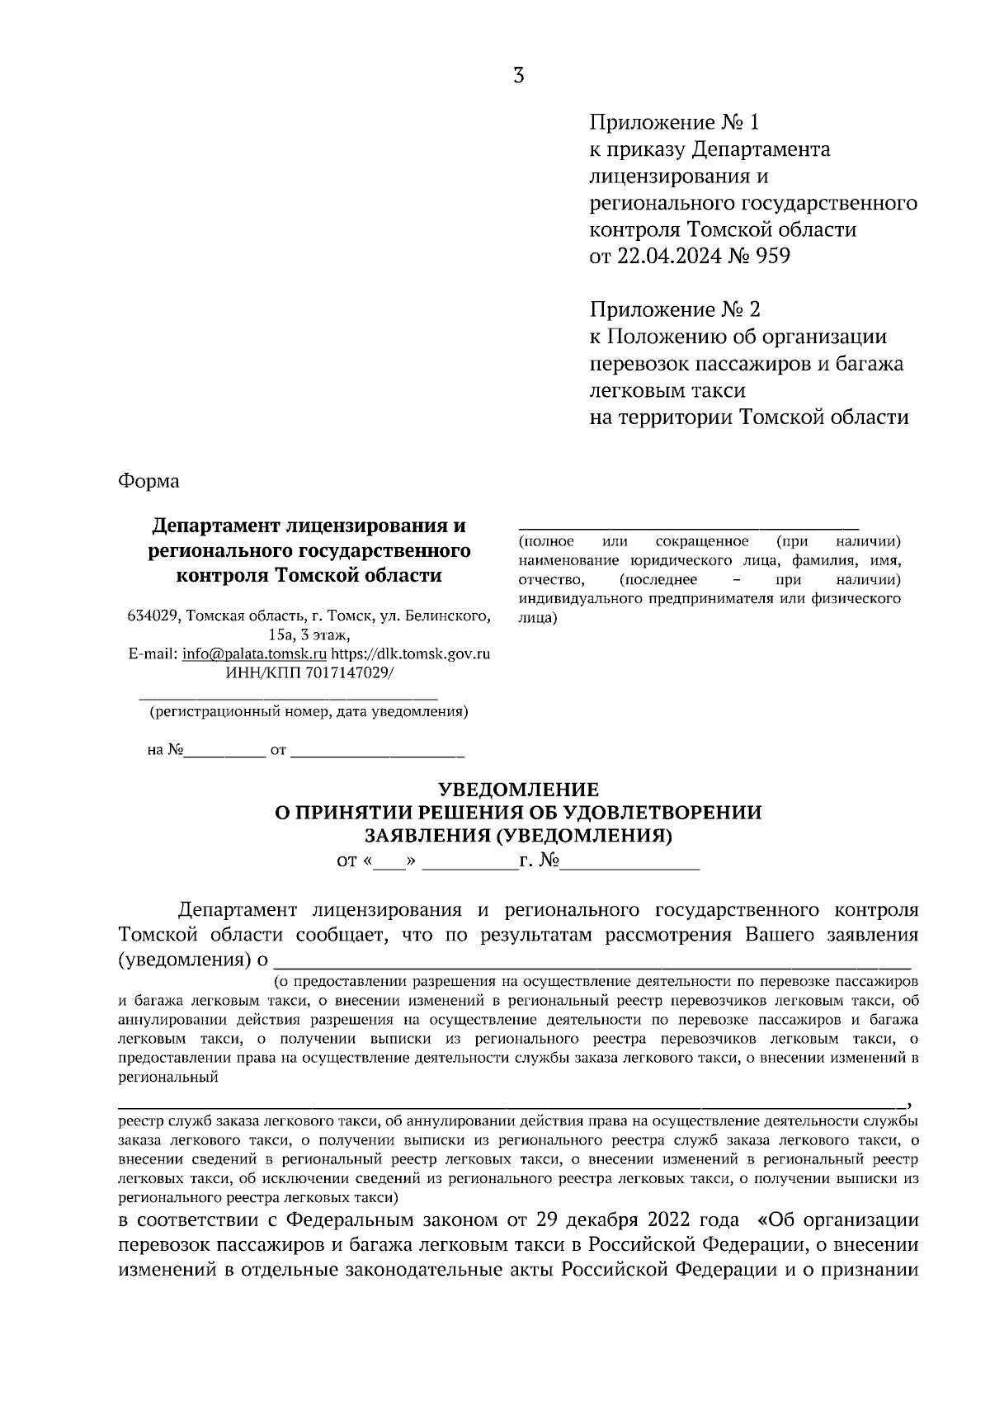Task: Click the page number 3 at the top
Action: tap(518, 76)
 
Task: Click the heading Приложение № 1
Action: tap(673, 123)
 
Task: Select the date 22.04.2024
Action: tap(666, 257)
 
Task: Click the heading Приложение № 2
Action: tap(674, 310)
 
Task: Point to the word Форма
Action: tap(148, 480)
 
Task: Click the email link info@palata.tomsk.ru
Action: tap(255, 653)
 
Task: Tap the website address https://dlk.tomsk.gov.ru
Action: tap(411, 653)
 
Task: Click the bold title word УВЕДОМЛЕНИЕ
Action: tap(518, 790)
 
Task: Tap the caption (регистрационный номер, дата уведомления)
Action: tap(309, 711)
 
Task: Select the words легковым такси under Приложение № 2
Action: tap(667, 390)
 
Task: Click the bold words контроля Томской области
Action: tap(309, 575)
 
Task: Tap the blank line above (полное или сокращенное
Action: tap(688, 526)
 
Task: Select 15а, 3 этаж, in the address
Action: tap(309, 634)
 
